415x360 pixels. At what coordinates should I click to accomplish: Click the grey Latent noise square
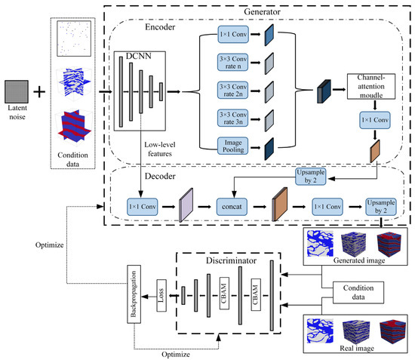coord(17,91)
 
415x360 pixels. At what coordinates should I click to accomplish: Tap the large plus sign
coord(39,92)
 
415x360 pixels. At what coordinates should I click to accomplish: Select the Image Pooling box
coord(232,146)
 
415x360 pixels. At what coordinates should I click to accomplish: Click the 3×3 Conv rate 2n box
coord(232,90)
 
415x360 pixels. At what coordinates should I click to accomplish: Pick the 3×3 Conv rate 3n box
coord(232,118)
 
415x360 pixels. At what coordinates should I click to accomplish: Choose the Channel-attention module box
coord(371,87)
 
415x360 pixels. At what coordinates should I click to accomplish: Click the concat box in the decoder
coord(232,207)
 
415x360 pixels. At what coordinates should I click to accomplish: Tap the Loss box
coord(161,295)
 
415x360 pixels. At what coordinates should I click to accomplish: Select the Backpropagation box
coord(134,294)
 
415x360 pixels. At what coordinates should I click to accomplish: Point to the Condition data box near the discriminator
coord(358,293)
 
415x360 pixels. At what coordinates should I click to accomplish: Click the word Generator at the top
coord(262,11)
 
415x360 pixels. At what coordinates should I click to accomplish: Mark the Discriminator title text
coord(231,260)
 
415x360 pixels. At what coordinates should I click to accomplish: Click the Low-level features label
coord(160,149)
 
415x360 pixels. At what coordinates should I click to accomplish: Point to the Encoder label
coord(160,27)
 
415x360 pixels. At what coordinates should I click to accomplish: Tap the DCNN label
coord(138,56)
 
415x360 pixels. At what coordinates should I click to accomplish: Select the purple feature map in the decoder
coord(186,205)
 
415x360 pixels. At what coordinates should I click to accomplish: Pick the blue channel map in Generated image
coord(320,244)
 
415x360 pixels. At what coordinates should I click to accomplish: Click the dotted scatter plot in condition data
coord(74,38)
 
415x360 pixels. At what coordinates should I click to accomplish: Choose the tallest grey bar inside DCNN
coord(121,92)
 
